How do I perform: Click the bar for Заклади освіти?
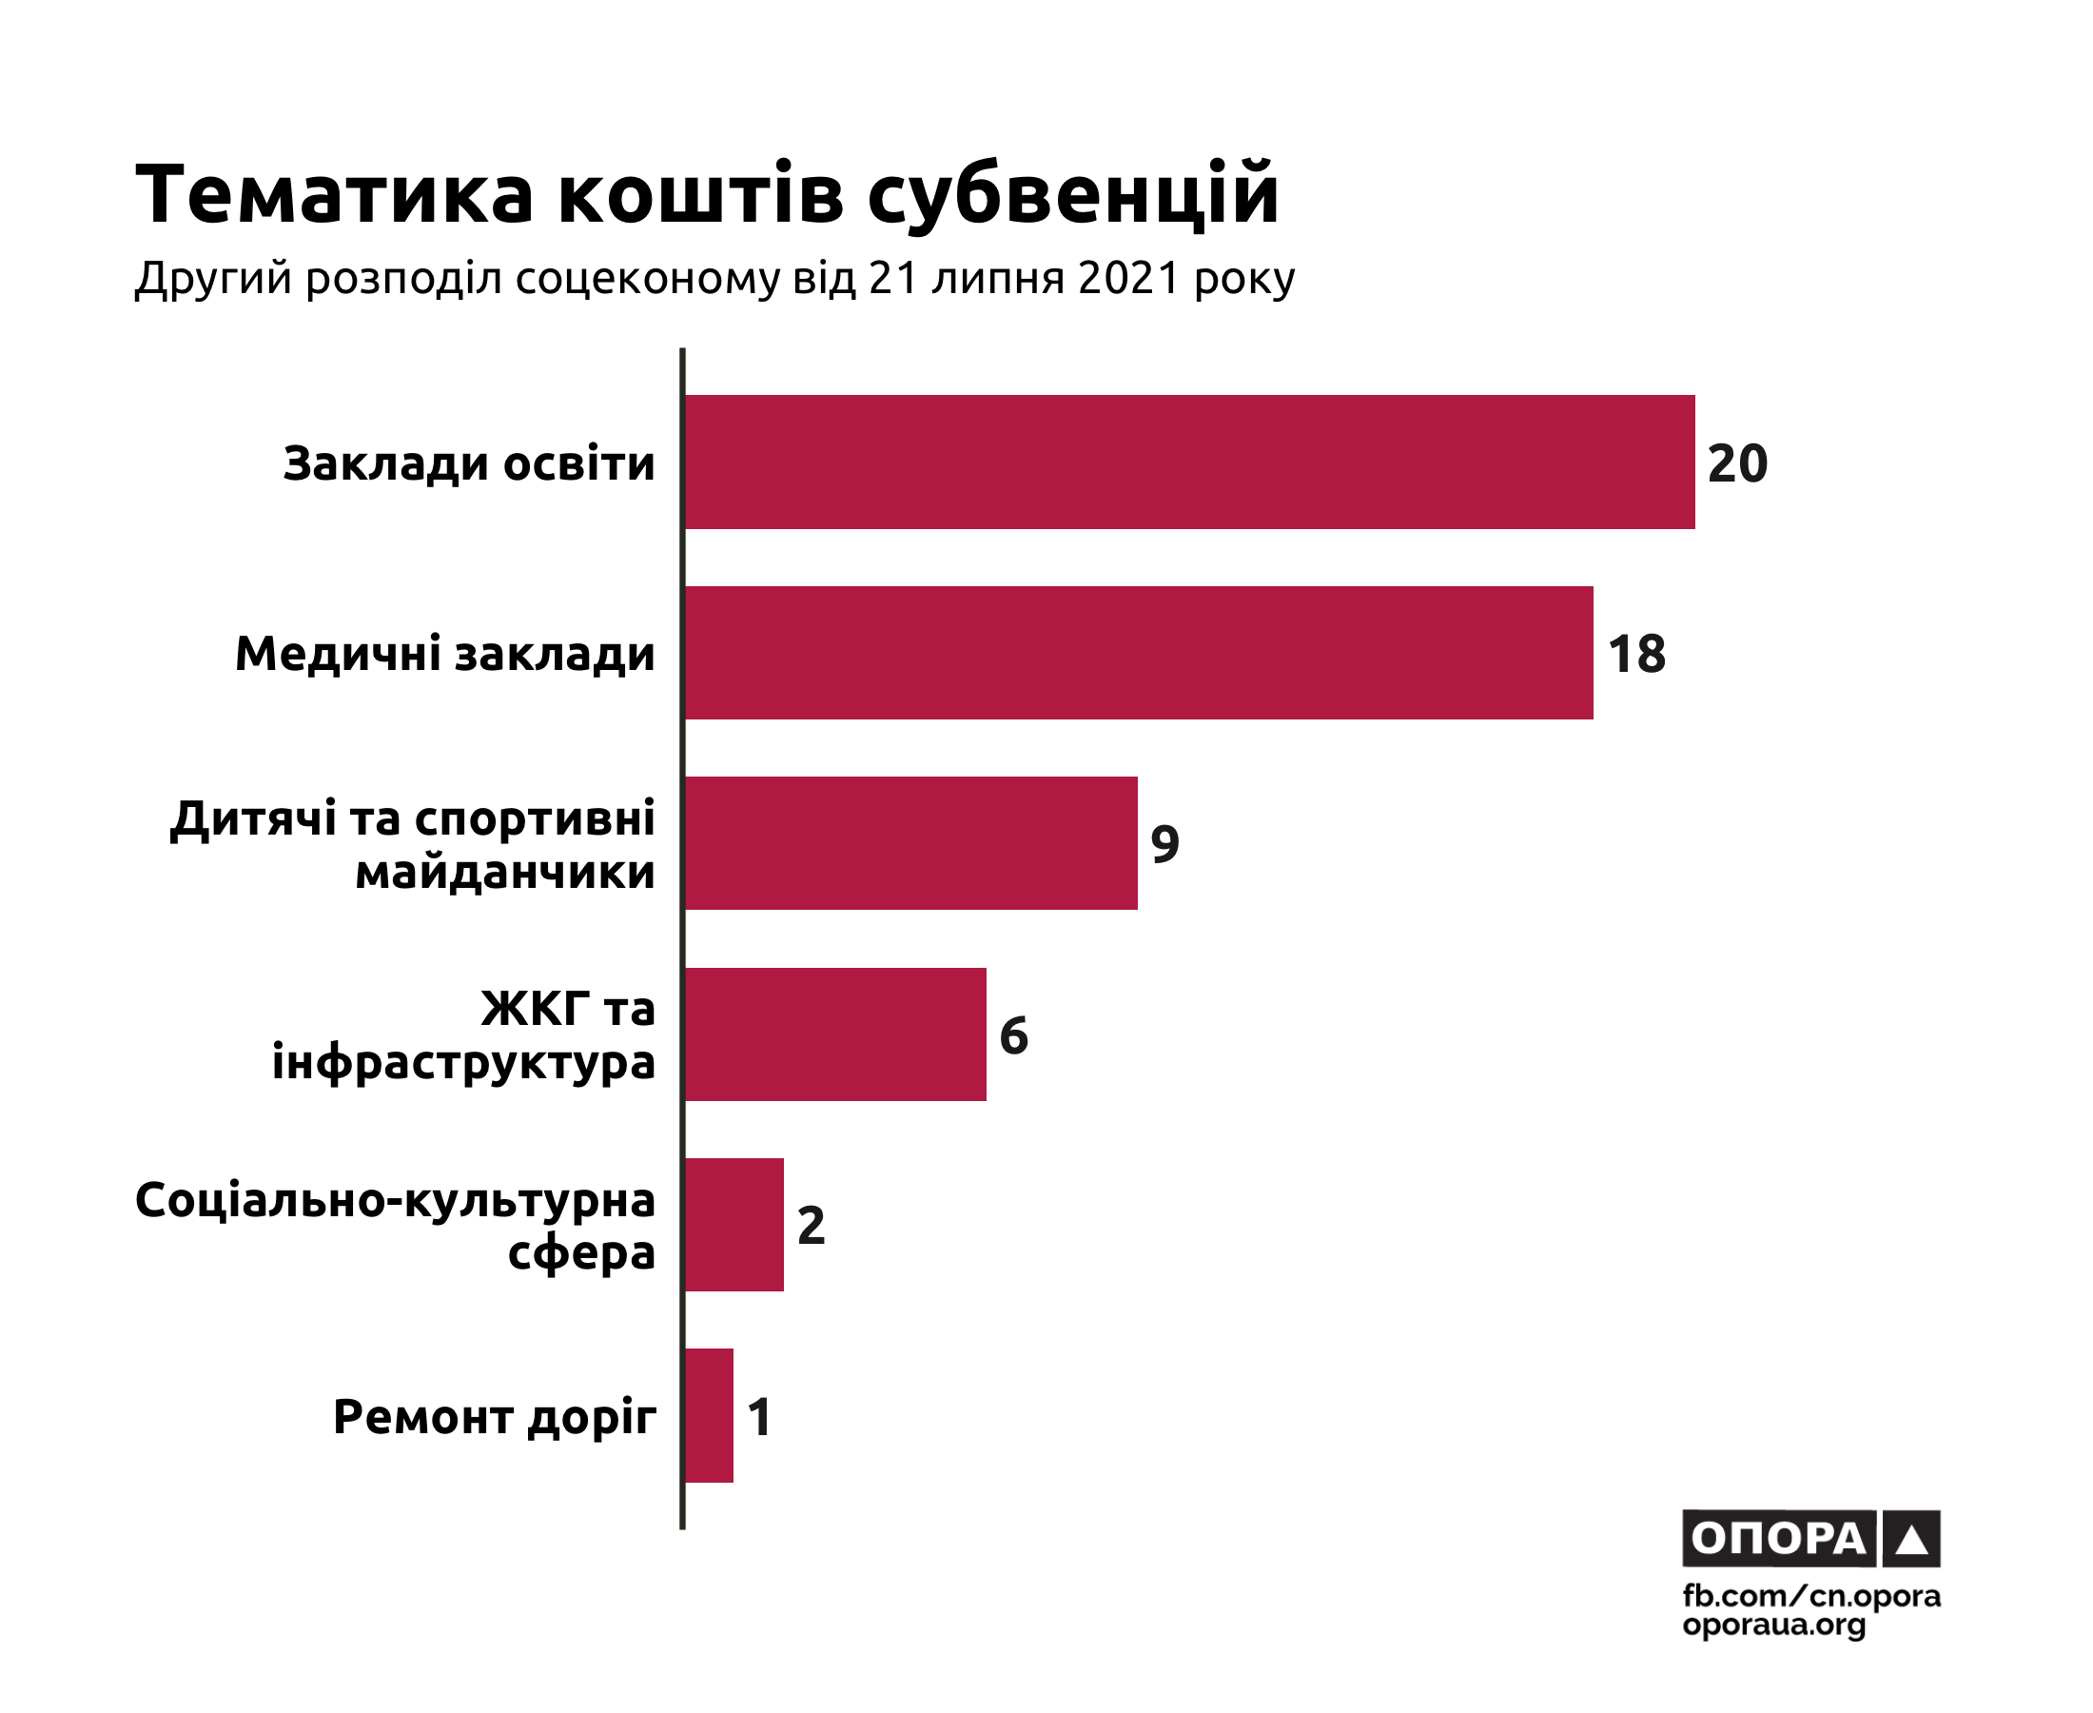(x=1188, y=462)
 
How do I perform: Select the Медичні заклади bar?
(x=1138, y=652)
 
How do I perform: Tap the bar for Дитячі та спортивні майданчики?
(x=910, y=842)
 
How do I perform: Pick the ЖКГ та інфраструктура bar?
(x=834, y=1034)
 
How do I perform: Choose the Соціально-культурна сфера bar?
(x=734, y=1225)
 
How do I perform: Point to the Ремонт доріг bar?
(x=708, y=1415)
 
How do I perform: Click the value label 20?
(x=1737, y=463)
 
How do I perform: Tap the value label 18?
(x=1636, y=653)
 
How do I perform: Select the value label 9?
(x=1164, y=844)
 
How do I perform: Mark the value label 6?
(x=1013, y=1035)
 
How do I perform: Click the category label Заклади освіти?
(x=468, y=463)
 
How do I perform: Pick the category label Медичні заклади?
(x=445, y=653)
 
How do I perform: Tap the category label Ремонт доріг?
(x=494, y=1417)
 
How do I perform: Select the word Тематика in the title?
(x=334, y=193)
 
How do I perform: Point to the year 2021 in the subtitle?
(x=1129, y=278)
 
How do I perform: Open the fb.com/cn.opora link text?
(x=1810, y=1596)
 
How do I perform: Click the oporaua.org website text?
(x=1773, y=1624)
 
